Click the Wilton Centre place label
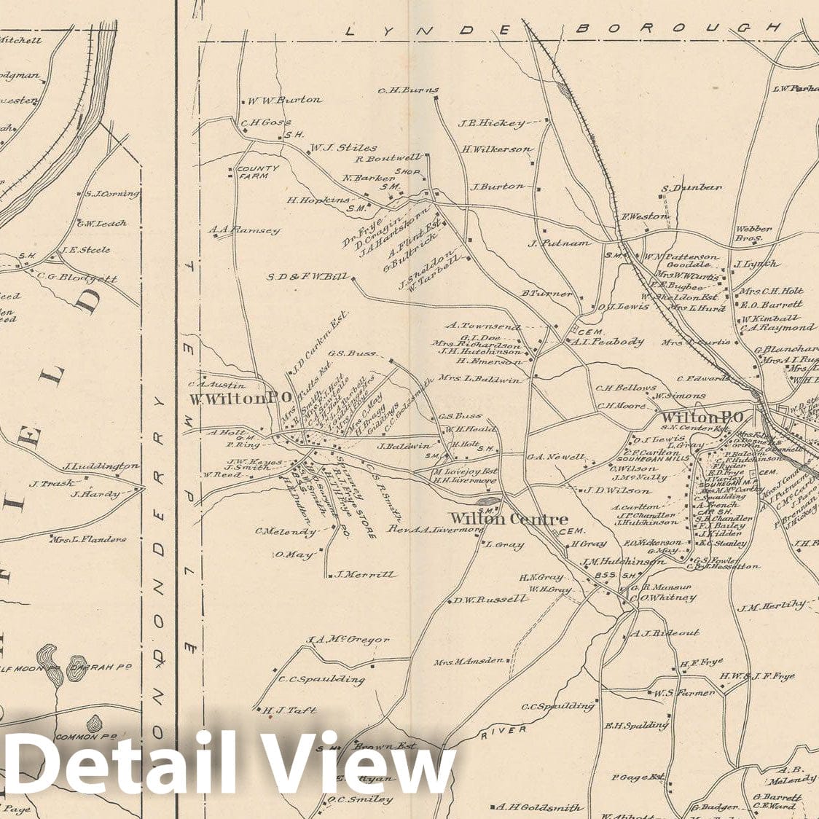(508, 519)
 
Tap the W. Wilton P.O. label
(240, 399)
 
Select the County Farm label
(258, 172)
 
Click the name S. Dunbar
(691, 188)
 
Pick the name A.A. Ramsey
(244, 231)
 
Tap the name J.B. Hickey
(491, 123)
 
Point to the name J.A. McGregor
(348, 640)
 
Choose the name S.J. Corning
(111, 194)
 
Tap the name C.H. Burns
(408, 91)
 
